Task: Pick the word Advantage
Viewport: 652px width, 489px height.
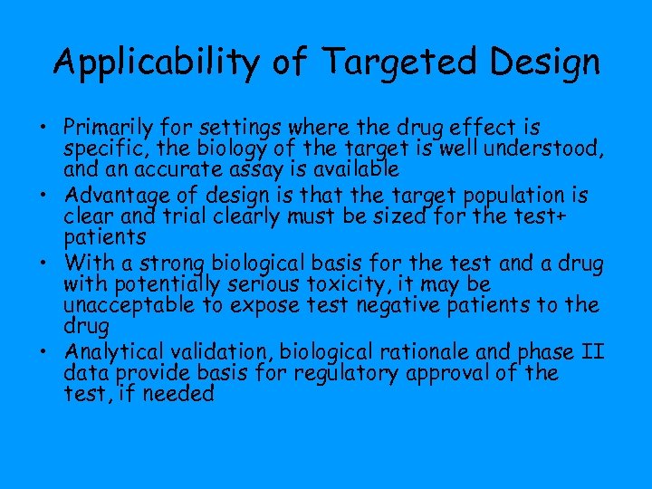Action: pos(124,196)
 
